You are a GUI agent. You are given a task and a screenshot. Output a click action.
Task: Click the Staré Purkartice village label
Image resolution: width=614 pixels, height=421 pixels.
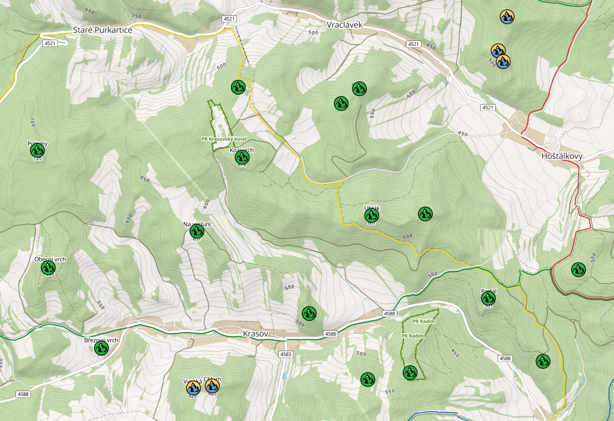102,30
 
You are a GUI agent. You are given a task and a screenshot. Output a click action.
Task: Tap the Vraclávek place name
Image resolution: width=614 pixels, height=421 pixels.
348,25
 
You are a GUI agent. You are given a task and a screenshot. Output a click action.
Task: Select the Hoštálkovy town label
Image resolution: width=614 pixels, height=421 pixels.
561,156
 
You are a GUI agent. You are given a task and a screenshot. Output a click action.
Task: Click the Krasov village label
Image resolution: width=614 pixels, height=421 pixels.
256,334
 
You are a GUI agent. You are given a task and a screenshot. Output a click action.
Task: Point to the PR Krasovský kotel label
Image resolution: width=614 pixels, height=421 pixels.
224,139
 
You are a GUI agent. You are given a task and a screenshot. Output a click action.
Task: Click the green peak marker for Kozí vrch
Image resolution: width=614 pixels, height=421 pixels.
242,157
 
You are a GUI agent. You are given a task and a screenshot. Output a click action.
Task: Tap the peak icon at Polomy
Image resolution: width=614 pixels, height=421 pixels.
37,150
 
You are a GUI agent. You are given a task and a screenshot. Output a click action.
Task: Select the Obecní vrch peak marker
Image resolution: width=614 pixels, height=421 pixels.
48,268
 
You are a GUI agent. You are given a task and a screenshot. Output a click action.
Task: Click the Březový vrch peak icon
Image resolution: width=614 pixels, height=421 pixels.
101,348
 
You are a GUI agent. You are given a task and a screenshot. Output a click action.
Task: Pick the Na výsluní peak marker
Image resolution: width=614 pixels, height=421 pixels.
197,231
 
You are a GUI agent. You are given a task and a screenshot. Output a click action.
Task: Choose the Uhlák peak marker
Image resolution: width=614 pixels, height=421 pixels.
372,215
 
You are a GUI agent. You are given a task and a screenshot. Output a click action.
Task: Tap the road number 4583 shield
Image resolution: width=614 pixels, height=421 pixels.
286,354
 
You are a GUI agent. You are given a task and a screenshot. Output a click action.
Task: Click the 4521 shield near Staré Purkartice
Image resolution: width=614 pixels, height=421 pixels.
50,43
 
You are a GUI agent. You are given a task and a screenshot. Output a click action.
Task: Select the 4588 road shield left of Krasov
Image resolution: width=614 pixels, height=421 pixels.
23,394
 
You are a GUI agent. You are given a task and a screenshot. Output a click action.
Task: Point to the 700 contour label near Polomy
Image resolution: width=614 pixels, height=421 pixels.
32,121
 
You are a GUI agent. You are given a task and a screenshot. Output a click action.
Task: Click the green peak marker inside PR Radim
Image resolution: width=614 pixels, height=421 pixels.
410,373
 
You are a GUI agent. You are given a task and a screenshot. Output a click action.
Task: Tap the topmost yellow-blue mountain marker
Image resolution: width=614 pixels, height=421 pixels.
507,17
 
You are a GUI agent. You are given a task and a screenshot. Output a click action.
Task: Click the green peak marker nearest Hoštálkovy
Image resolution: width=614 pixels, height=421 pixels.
578,269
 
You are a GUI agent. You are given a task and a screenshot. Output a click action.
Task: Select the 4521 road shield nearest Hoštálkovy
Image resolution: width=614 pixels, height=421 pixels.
487,107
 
